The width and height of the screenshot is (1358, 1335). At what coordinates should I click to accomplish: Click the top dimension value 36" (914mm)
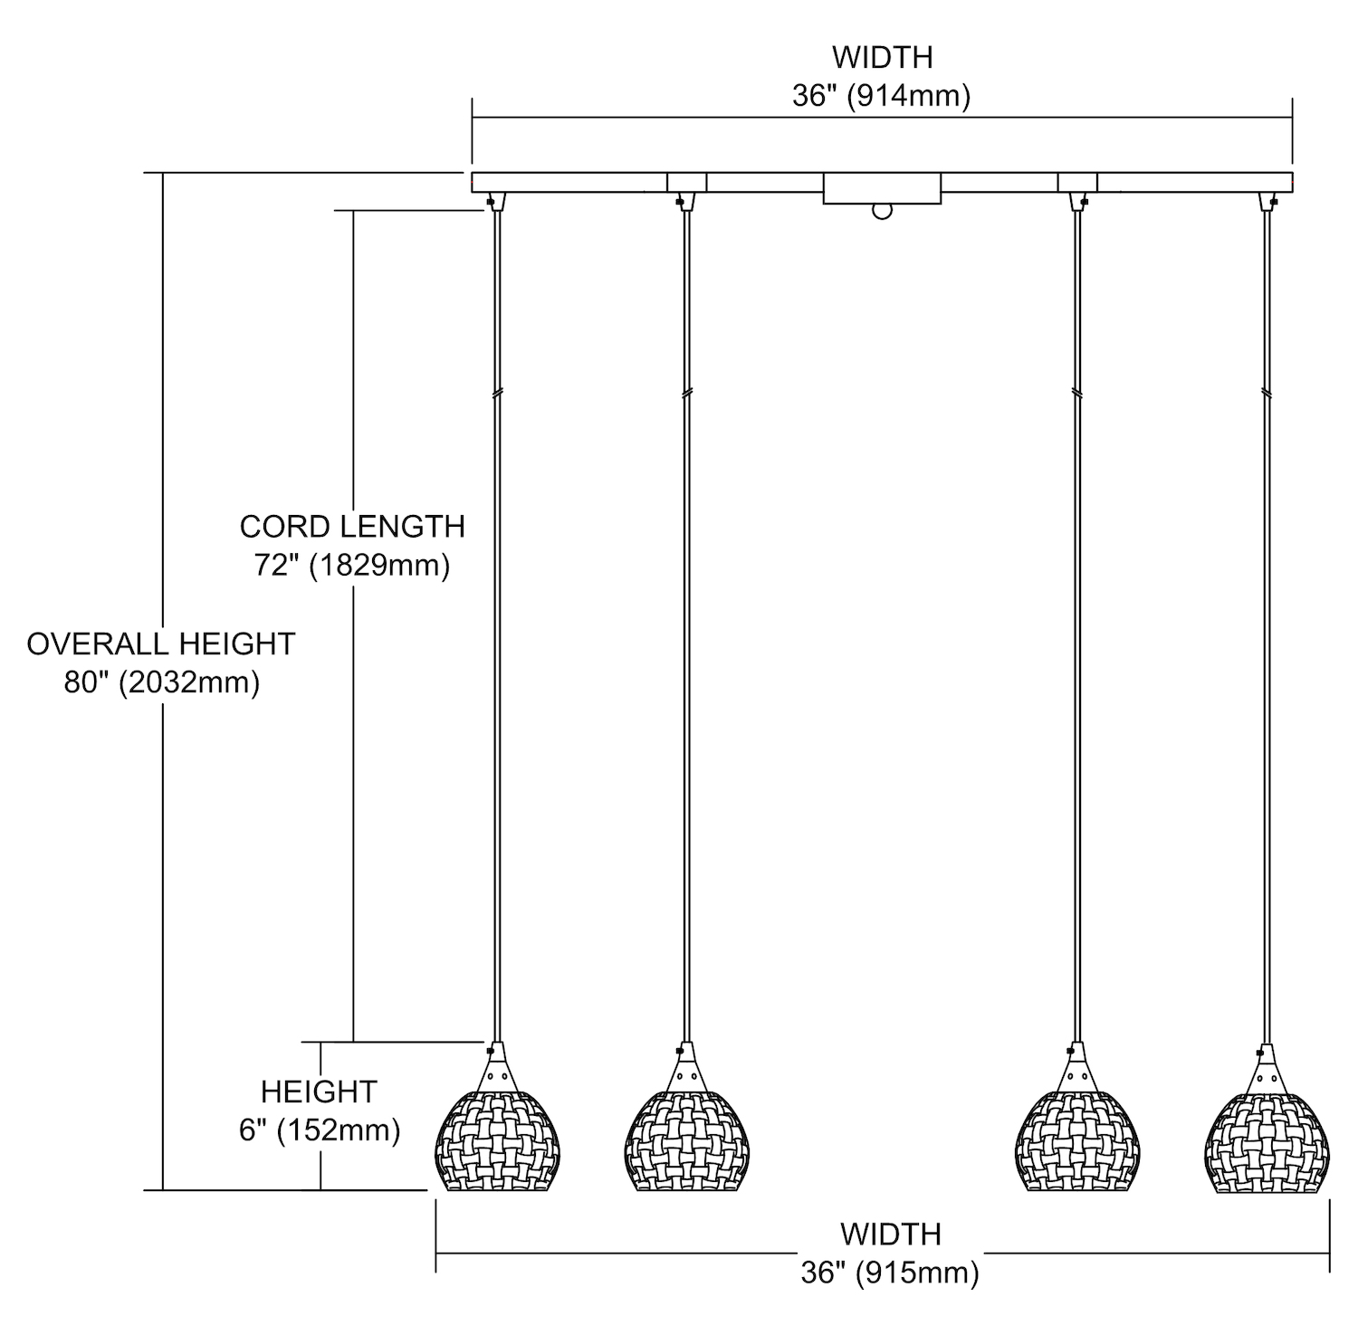(881, 96)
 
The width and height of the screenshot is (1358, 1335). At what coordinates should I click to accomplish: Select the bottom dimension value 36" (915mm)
(890, 1273)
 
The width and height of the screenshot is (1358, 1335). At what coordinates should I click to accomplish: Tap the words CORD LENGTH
(352, 526)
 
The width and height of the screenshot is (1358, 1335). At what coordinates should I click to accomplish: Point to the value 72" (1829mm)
(352, 566)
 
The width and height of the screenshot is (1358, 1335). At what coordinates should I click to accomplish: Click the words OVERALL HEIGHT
(161, 644)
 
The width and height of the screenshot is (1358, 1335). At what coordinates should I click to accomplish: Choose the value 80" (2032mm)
(161, 682)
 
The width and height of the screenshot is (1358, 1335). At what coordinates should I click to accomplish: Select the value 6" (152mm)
(320, 1130)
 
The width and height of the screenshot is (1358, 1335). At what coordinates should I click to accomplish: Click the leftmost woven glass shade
(499, 1140)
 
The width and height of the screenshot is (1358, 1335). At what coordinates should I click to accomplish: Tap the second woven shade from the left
(689, 1140)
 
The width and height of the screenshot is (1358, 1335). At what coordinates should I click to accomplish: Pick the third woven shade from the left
(1076, 1140)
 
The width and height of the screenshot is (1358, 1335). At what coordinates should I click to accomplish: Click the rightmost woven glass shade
(1267, 1140)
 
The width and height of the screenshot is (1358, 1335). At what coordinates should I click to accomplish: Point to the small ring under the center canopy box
(882, 212)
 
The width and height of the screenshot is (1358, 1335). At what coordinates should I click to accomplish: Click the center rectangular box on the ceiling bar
(882, 188)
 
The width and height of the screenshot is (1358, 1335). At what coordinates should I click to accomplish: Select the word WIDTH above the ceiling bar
(882, 57)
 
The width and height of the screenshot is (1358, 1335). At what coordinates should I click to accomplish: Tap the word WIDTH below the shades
(890, 1234)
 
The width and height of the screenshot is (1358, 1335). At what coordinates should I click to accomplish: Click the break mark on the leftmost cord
(497, 394)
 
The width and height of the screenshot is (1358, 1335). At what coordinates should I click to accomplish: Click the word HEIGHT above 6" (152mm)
(319, 1092)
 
